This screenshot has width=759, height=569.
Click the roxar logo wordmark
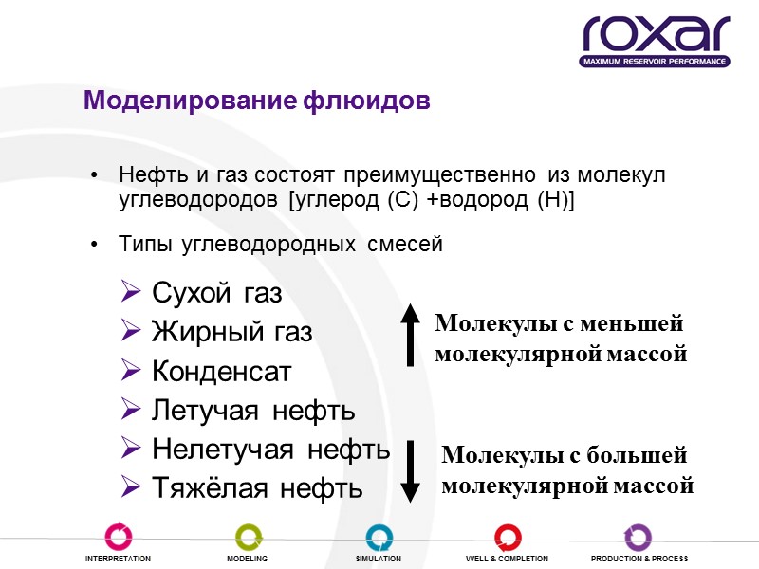656,35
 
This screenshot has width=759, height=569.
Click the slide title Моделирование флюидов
256,100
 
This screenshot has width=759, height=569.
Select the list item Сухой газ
216,294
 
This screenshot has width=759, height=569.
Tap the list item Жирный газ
231,333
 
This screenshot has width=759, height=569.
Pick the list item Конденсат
222,372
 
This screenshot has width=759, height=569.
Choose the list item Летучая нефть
253,411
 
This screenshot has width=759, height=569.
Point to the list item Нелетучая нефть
270,450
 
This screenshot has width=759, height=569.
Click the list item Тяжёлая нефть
257,488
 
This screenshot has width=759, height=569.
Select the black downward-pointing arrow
410,470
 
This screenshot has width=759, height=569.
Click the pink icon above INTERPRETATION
119,536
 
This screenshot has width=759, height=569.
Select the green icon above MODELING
248,536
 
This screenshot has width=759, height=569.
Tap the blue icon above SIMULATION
379,536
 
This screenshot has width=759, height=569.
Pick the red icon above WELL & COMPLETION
507,536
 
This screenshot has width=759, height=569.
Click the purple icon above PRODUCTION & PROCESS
638,536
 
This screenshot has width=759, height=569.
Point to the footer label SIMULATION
379,560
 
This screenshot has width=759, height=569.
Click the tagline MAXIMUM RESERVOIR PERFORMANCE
655,62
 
